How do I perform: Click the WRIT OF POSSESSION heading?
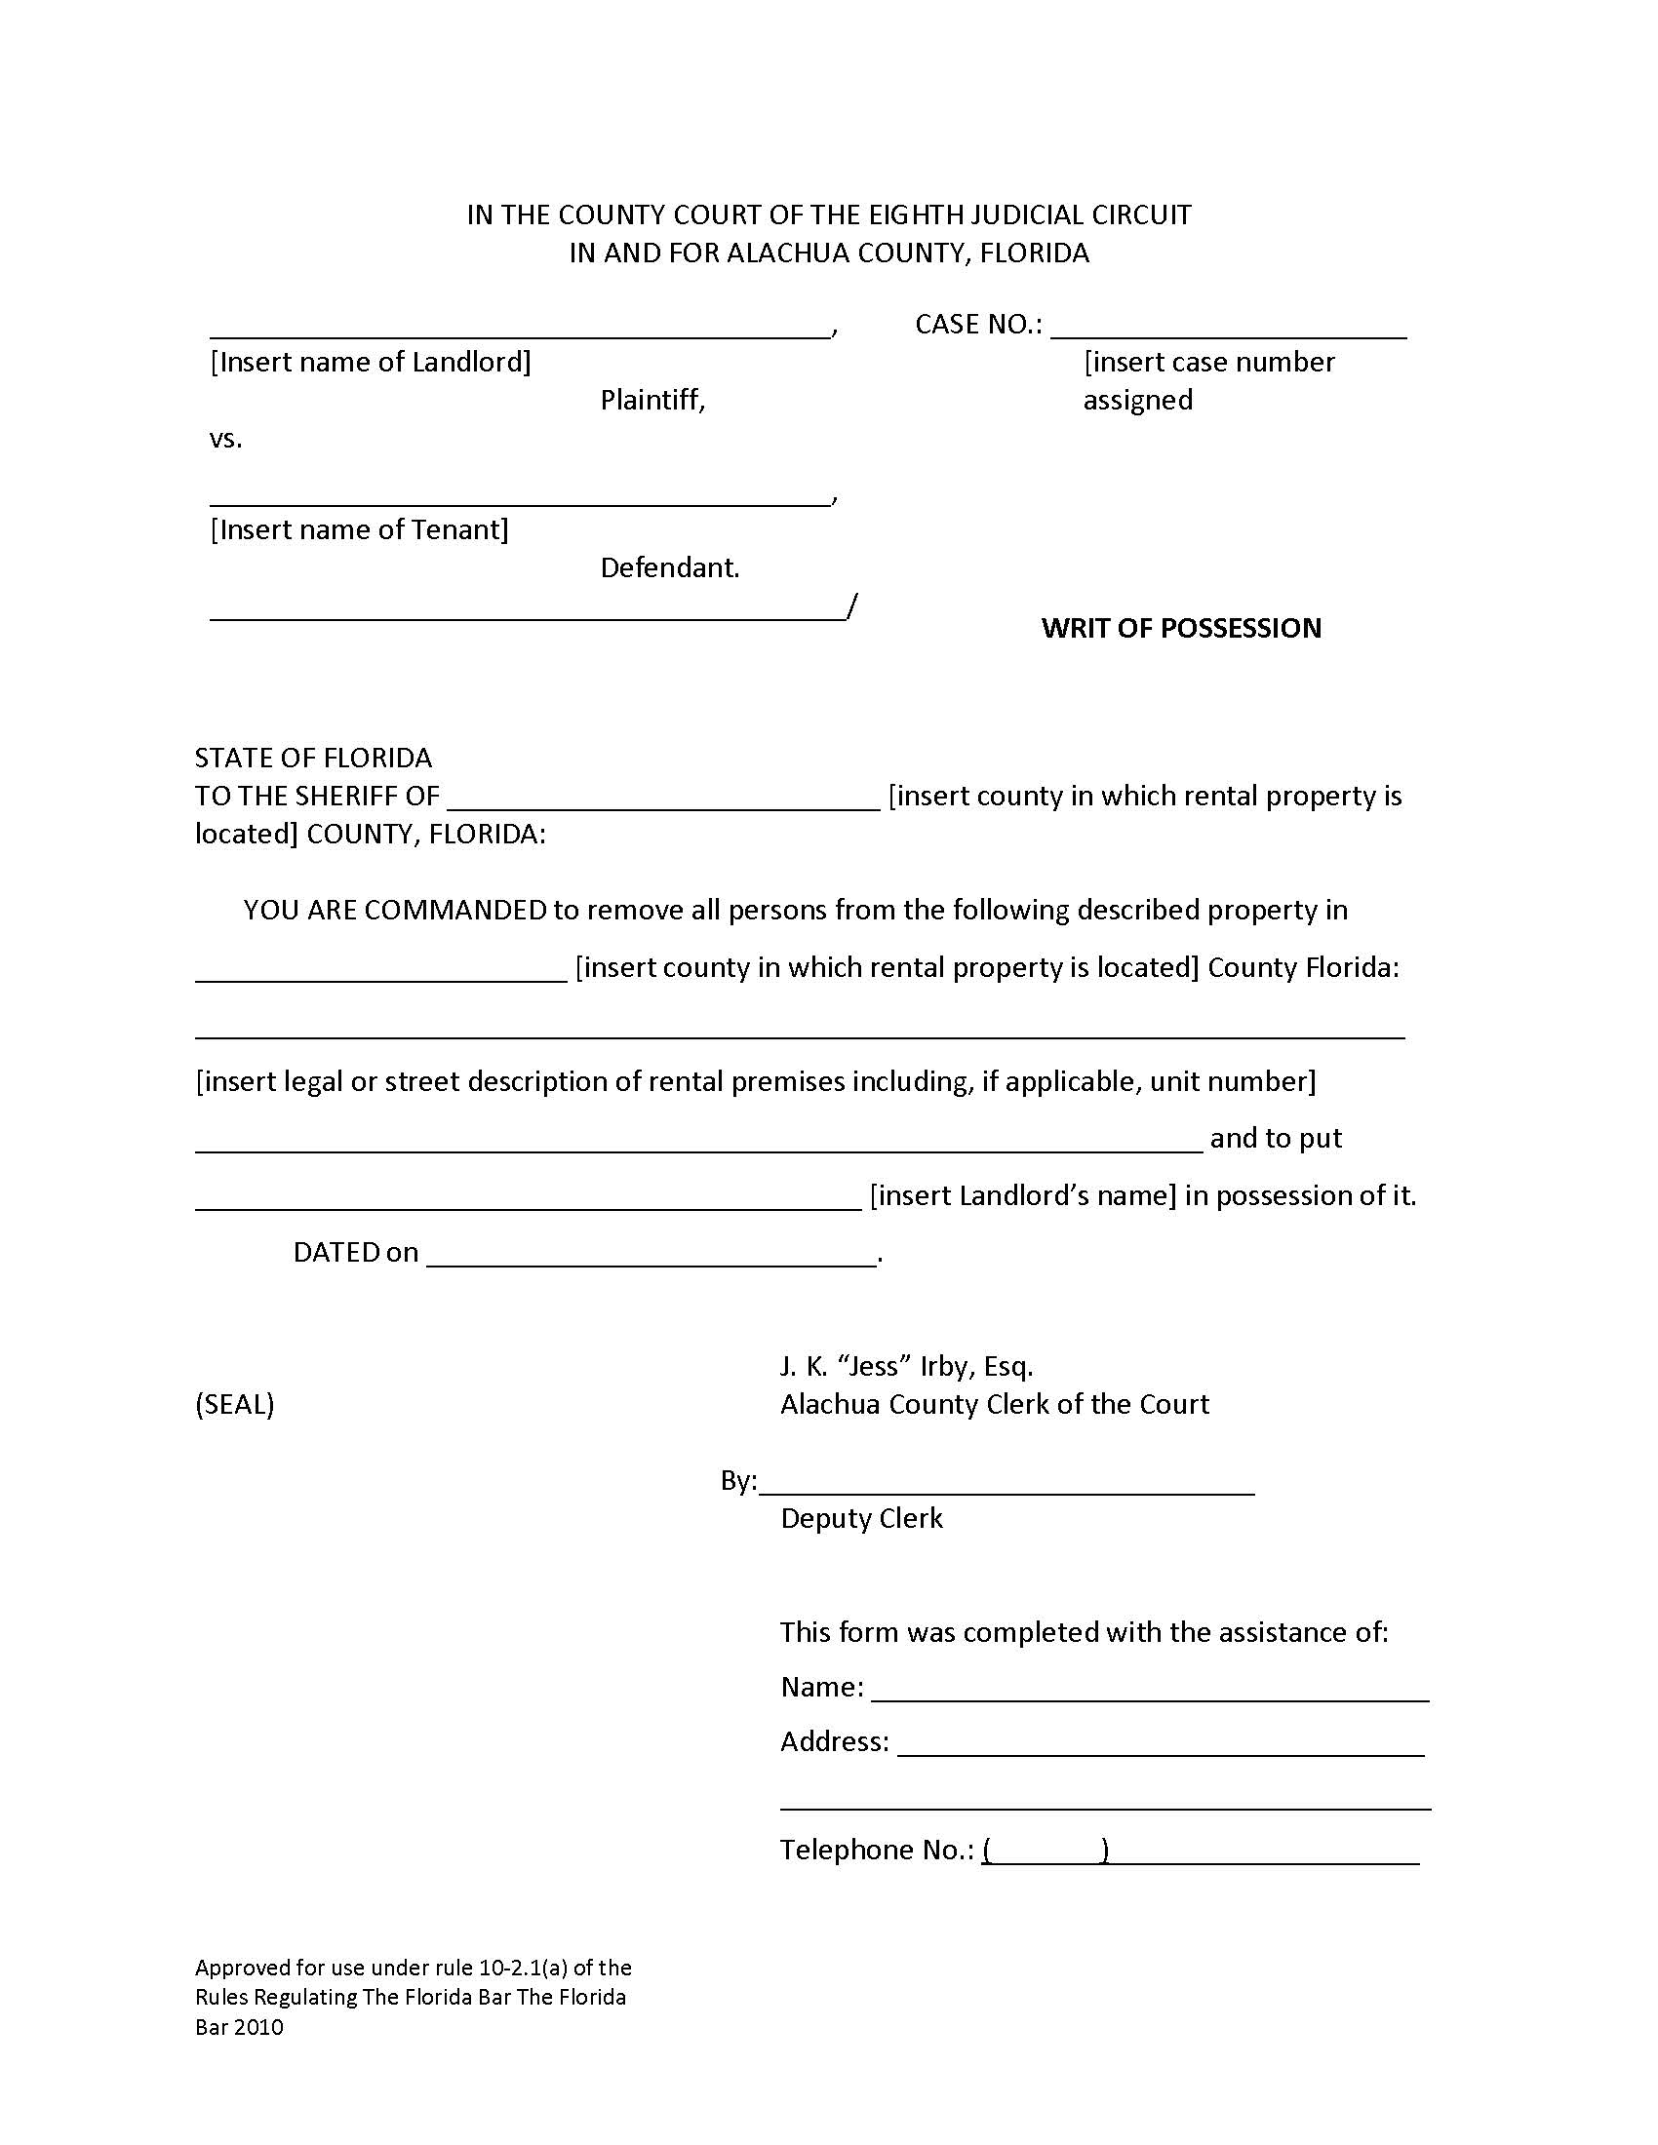(1181, 628)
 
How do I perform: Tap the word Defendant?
(669, 567)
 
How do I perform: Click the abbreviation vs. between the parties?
(225, 438)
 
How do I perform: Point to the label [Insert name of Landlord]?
(371, 363)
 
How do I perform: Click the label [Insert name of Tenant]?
(360, 530)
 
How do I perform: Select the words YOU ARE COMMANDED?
(394, 910)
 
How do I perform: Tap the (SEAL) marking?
(235, 1404)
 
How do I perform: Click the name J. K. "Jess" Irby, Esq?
(906, 1366)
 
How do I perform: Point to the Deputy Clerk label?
(860, 1518)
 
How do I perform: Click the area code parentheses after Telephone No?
(1046, 1851)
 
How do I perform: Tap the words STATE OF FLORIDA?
(313, 759)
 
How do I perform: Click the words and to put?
(1275, 1138)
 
